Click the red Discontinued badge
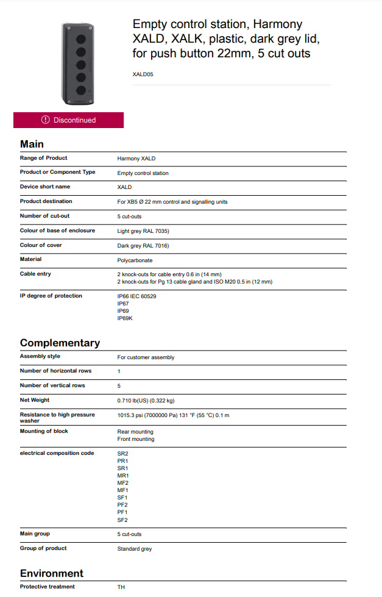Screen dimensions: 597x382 coord(68,120)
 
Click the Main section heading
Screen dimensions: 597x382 coord(32,144)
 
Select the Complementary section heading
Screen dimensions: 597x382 coord(60,343)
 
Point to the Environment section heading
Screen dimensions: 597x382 coord(52,573)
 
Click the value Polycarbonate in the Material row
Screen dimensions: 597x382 coord(135,260)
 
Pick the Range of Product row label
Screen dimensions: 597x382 coord(44,158)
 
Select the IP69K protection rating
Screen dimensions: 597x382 coord(125,318)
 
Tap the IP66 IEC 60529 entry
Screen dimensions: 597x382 coord(136,296)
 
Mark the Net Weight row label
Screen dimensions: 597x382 coord(35,400)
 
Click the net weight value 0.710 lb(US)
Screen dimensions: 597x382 coord(146,401)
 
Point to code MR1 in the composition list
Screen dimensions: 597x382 coord(123,476)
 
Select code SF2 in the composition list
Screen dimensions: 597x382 coord(123,520)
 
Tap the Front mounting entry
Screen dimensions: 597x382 coord(136,439)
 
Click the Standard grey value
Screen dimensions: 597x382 coord(135,549)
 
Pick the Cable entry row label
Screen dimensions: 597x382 coord(35,274)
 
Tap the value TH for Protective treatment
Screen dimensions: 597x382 coord(121,587)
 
